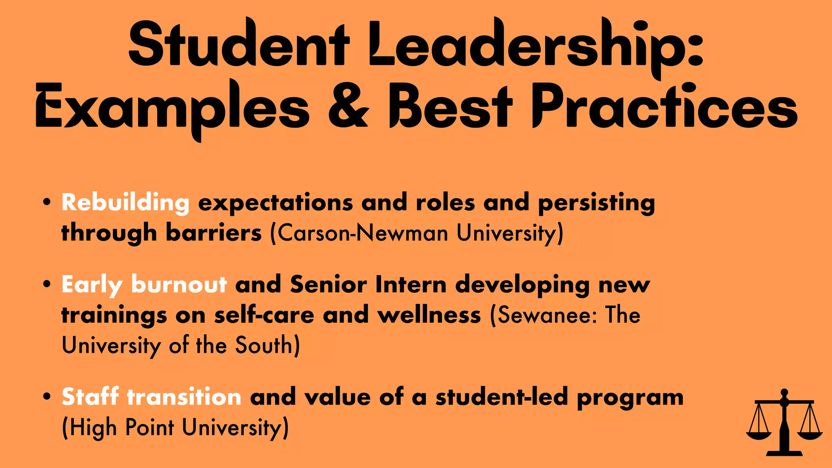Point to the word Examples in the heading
[172, 108]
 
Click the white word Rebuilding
[126, 202]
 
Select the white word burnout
[179, 284]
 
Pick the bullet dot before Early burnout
[47, 284]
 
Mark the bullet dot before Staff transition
[47, 396]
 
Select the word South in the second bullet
[264, 346]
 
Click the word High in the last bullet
[93, 428]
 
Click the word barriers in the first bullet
[214, 233]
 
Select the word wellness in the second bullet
[429, 315]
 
